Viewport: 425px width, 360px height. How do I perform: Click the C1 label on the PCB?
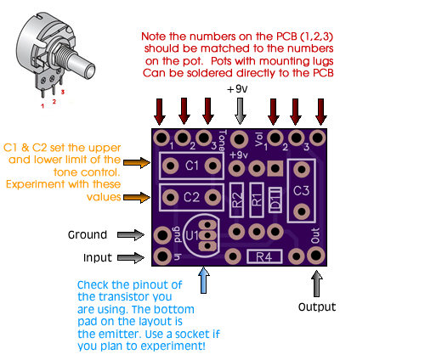click(x=192, y=166)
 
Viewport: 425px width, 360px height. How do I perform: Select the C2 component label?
click(x=191, y=197)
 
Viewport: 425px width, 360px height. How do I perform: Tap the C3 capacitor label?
click(x=301, y=191)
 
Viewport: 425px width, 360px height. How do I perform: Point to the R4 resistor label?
click(x=264, y=257)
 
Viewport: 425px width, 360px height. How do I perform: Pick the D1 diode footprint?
click(x=275, y=200)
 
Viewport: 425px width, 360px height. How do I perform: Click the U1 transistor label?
click(x=192, y=235)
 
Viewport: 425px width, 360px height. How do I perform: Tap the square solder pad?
click(x=275, y=168)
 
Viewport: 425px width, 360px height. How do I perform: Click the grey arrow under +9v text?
click(x=240, y=111)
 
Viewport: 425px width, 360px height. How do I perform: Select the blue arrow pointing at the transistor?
click(x=204, y=280)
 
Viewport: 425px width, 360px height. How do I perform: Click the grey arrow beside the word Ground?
click(x=131, y=234)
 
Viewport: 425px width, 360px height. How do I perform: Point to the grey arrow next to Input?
click(x=131, y=257)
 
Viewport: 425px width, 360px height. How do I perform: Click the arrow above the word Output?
click(x=317, y=284)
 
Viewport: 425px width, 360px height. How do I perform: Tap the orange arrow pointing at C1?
click(x=137, y=162)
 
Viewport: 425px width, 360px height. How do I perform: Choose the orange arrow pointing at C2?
click(x=137, y=197)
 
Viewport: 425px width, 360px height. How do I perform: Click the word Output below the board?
click(x=317, y=307)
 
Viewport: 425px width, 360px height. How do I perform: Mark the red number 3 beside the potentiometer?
click(x=63, y=92)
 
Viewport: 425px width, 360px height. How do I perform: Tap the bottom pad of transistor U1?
click(x=207, y=246)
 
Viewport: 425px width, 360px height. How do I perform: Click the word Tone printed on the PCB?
click(x=223, y=140)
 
